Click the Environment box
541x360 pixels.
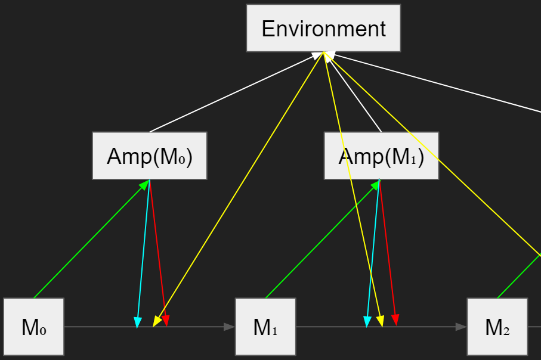[x=323, y=28]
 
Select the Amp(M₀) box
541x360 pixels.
[x=149, y=156]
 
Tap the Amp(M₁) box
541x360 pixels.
[x=381, y=156]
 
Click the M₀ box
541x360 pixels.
[x=33, y=327]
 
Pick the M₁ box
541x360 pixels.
[x=265, y=327]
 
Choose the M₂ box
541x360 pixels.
[x=497, y=327]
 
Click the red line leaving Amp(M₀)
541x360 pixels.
[x=157, y=250]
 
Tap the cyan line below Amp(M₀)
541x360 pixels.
[x=143, y=250]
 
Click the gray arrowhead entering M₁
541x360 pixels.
[x=229, y=327]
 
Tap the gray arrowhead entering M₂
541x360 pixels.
[x=460, y=327]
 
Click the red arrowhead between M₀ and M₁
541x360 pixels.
[x=165, y=321]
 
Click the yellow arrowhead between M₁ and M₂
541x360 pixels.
[x=380, y=321]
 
